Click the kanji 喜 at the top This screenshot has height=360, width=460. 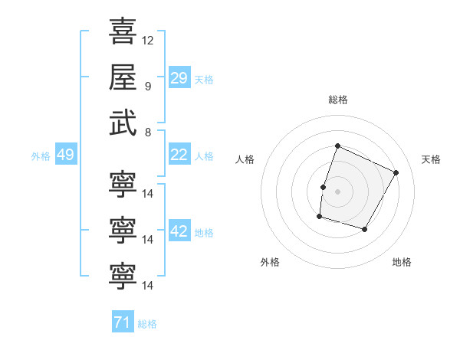pyautogui.click(x=123, y=32)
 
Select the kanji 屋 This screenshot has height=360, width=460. pyautogui.click(x=123, y=77)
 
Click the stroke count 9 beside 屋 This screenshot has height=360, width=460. pyautogui.click(x=147, y=86)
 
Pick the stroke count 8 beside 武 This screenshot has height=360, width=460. pyautogui.click(x=147, y=131)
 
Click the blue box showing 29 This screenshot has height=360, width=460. pyautogui.click(x=179, y=78)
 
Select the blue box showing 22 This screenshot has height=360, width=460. pyautogui.click(x=179, y=155)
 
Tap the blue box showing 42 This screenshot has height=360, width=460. pyautogui.click(x=179, y=231)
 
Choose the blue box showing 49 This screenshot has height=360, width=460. pyautogui.click(x=65, y=155)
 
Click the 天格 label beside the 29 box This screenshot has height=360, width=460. pyautogui.click(x=204, y=80)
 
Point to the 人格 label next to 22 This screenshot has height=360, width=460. pyautogui.click(x=204, y=156)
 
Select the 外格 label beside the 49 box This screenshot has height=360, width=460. pyautogui.click(x=41, y=156)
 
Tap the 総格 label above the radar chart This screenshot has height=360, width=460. pyautogui.click(x=337, y=100)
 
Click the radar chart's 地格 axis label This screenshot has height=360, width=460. pyautogui.click(x=402, y=262)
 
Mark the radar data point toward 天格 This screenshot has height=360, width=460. pyautogui.click(x=396, y=172)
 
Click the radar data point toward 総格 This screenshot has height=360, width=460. pyautogui.click(x=337, y=146)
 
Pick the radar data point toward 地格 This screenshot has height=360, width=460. pyautogui.click(x=365, y=230)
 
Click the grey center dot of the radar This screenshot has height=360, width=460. pyautogui.click(x=337, y=191)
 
